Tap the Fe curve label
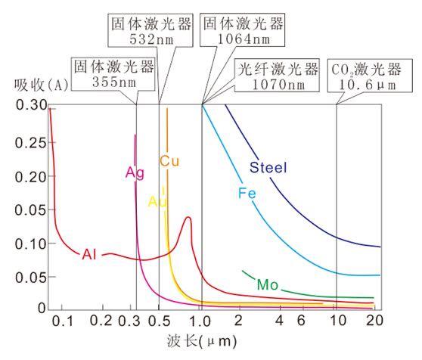click(x=247, y=194)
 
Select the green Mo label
click(x=268, y=285)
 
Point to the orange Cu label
click(x=169, y=161)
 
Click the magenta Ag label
click(x=135, y=172)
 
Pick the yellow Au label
click(x=157, y=202)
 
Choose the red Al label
click(x=90, y=254)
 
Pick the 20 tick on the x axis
click(x=371, y=322)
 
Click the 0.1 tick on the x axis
click(x=66, y=322)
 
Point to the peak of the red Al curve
click(x=188, y=218)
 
